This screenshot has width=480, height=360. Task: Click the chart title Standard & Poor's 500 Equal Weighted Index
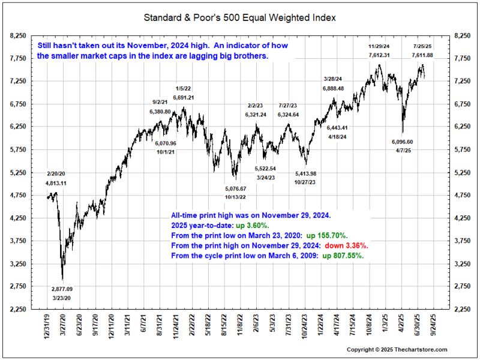tap(239, 17)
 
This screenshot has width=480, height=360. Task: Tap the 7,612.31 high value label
tap(379, 55)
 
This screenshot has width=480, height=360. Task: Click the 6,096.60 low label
tap(402, 142)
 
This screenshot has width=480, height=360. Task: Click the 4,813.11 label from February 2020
tap(56, 182)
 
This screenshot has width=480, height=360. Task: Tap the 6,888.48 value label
tap(333, 88)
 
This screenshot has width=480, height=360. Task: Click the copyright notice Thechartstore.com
tap(397, 349)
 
